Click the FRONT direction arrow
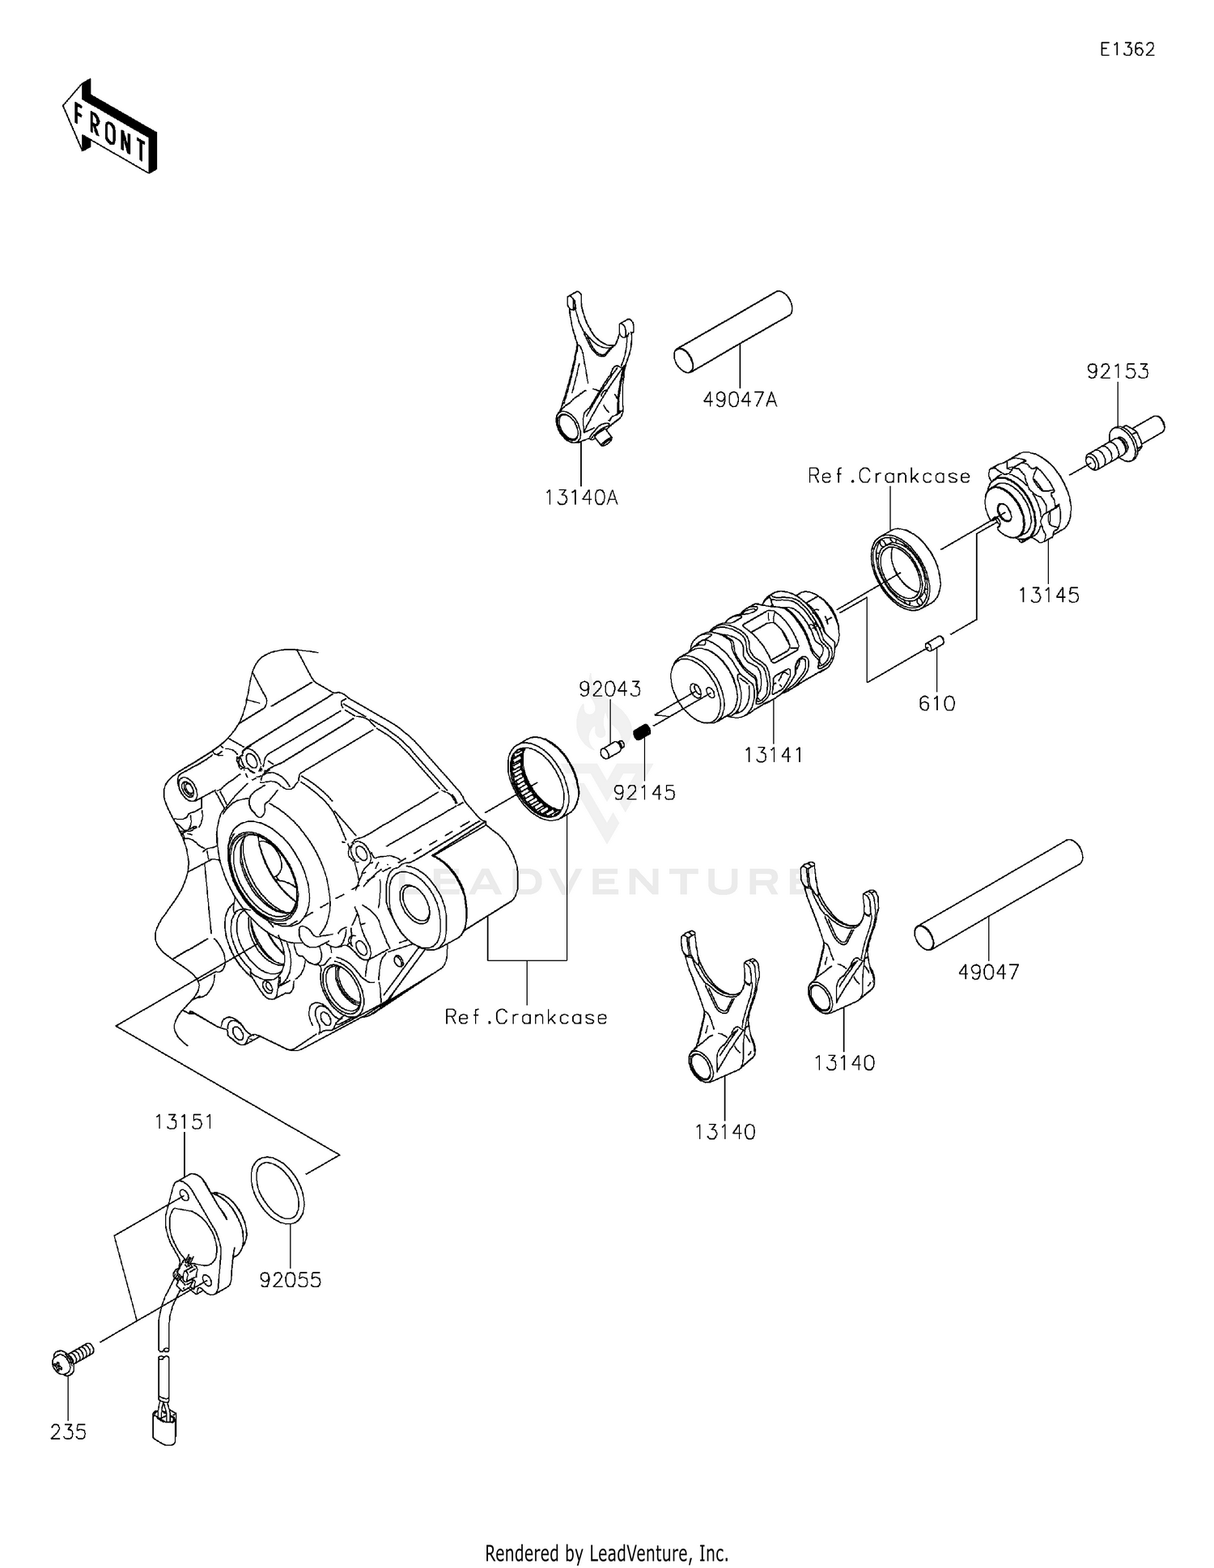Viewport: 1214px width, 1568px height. tap(109, 127)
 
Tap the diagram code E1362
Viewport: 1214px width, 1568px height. tap(1127, 49)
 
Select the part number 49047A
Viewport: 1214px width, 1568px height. tap(740, 400)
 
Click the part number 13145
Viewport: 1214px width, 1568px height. tap(1048, 595)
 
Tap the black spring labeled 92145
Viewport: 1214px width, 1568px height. tap(643, 733)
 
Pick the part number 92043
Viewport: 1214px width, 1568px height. tap(609, 689)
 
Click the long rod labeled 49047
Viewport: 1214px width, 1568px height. tap(998, 894)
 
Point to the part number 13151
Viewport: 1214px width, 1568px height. tap(184, 1122)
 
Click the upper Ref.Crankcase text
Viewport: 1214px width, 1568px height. tap(889, 476)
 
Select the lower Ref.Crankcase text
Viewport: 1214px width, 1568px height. tap(526, 1017)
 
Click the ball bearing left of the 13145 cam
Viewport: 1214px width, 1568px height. tap(906, 567)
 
